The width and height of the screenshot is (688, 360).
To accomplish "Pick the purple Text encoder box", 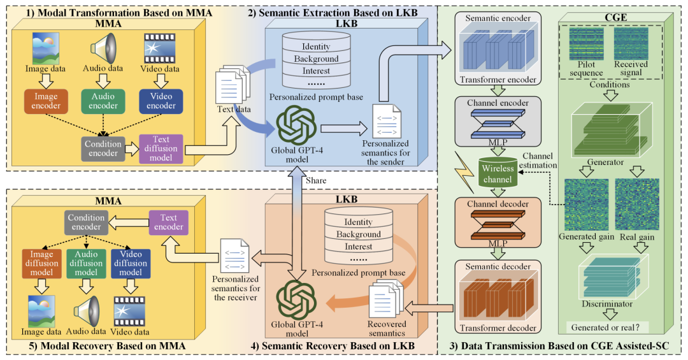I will pos(169,222).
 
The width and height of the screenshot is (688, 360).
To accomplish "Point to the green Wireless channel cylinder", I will pos(498,174).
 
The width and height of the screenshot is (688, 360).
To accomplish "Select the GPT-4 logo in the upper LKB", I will pos(297,126).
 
